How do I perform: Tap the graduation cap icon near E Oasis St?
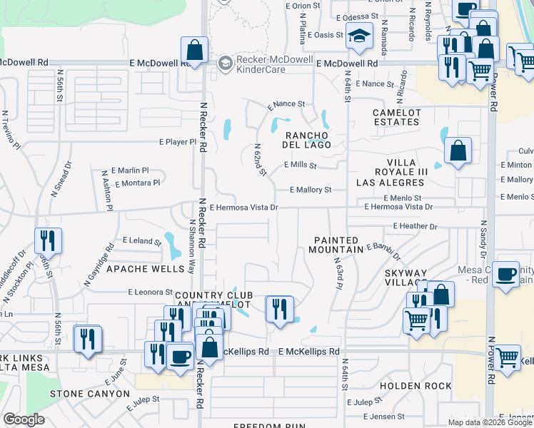(359, 35)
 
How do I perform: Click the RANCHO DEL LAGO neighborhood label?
(308, 140)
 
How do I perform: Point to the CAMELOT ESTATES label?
(396, 118)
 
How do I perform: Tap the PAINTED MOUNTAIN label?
(336, 245)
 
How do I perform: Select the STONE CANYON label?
(89, 394)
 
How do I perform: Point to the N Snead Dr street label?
(61, 179)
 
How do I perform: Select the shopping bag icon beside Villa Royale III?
(458, 151)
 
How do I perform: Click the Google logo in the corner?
(24, 419)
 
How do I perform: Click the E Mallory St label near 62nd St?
(311, 190)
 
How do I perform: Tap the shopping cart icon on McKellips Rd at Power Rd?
(507, 357)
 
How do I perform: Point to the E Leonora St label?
(150, 292)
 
